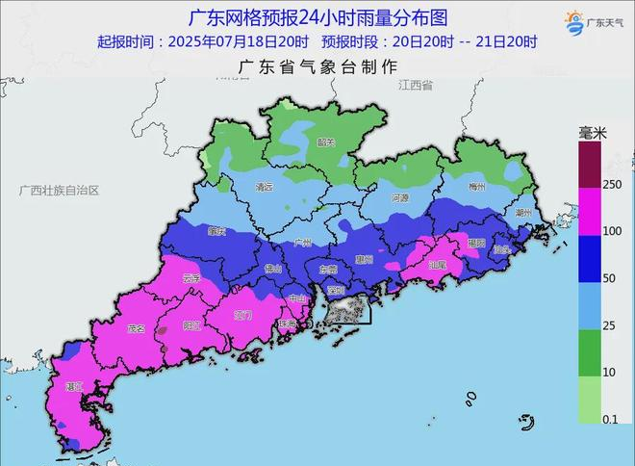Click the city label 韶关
click(x=324, y=142)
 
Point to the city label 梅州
click(x=475, y=187)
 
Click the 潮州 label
click(x=523, y=211)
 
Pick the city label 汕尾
click(x=437, y=264)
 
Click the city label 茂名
click(x=136, y=329)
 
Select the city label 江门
click(x=241, y=315)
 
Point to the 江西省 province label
click(x=416, y=86)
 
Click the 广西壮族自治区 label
click(x=59, y=191)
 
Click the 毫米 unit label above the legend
click(x=591, y=132)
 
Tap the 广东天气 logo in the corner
click(x=586, y=24)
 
